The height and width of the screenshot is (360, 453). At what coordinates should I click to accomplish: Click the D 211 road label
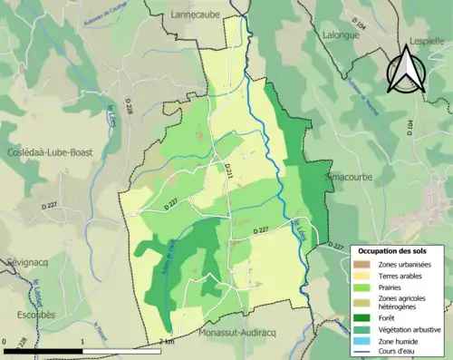point(228,169)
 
